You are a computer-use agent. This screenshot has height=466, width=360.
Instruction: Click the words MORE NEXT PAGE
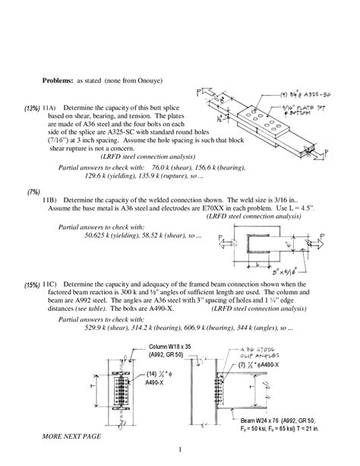[75, 436]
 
